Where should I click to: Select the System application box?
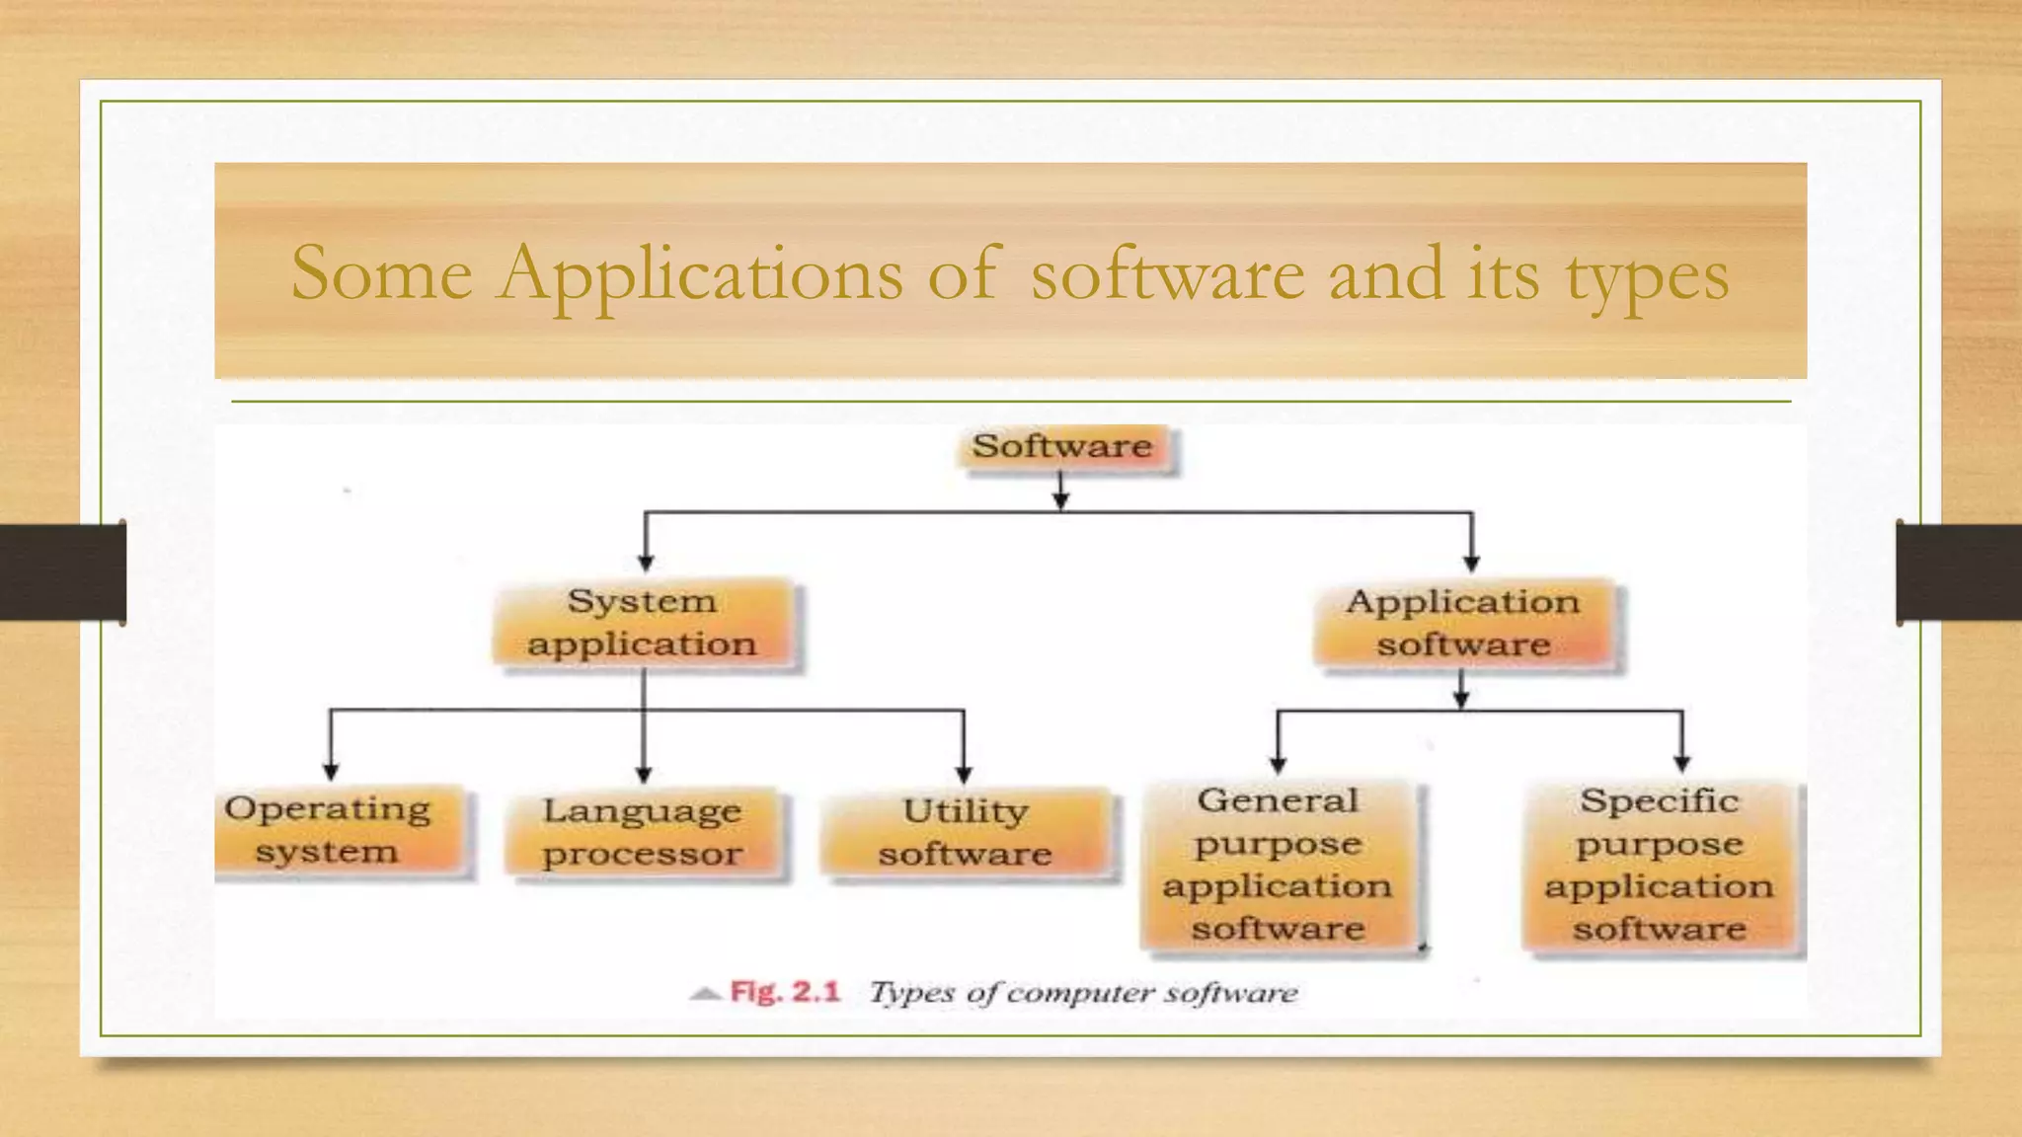pyautogui.click(x=644, y=624)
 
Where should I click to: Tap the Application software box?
pyautogui.click(x=1464, y=624)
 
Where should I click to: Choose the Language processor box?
pyautogui.click(x=644, y=833)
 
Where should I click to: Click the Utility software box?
pyautogui.click(x=966, y=833)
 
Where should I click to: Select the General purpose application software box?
pyautogui.click(x=1279, y=866)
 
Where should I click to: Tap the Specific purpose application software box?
pyautogui.click(x=1661, y=866)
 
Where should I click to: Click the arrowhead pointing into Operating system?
pyautogui.click(x=331, y=771)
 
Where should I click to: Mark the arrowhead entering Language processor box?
pyautogui.click(x=644, y=775)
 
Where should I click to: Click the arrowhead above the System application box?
pyautogui.click(x=646, y=563)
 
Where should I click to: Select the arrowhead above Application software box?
pyautogui.click(x=1471, y=564)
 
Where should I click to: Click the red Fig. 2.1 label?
pyautogui.click(x=785, y=992)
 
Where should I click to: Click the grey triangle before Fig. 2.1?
pyautogui.click(x=705, y=993)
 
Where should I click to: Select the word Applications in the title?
pyautogui.click(x=700, y=273)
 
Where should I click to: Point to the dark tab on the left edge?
pyautogui.click(x=62, y=572)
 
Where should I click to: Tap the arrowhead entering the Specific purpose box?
pyautogui.click(x=1682, y=763)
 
